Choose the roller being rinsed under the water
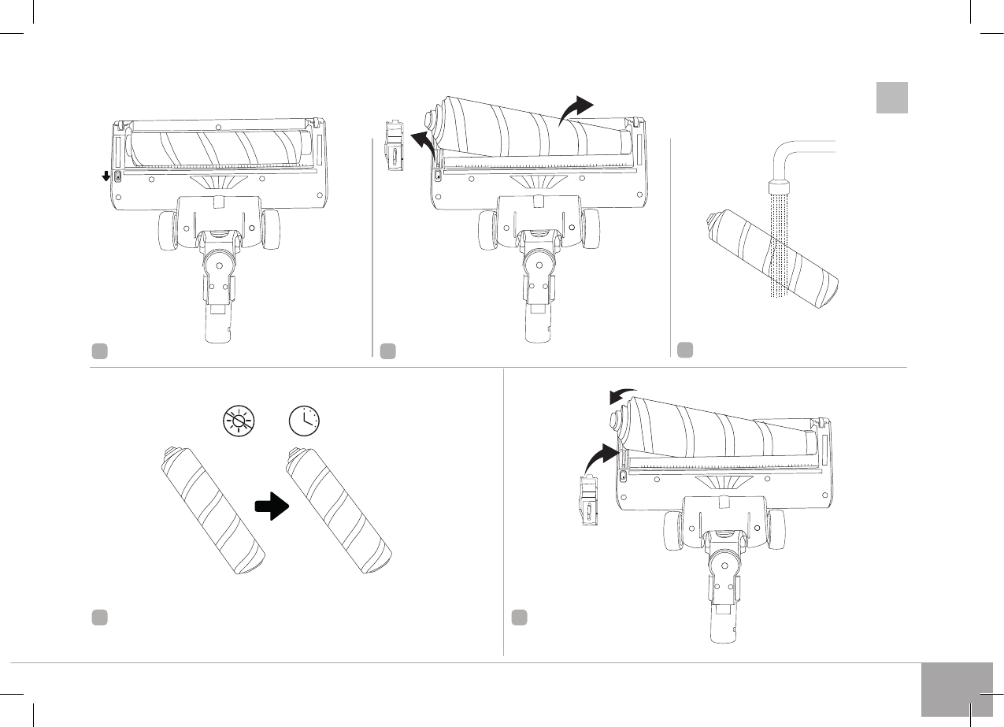772,260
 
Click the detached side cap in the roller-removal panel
394,144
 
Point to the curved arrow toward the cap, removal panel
420,145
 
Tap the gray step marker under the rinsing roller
685,349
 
